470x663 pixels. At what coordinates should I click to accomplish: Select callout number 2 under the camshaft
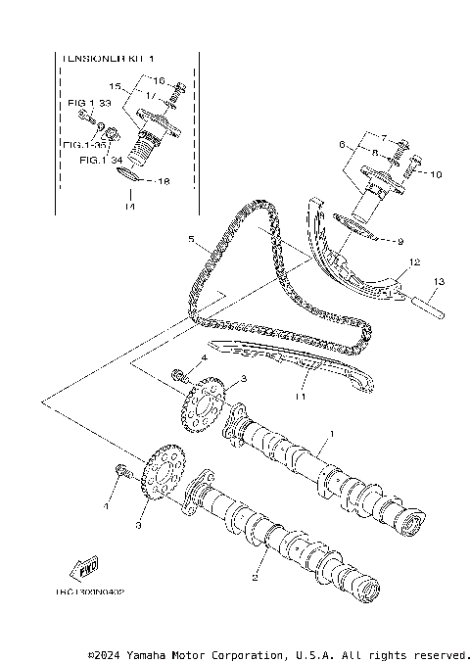pyautogui.click(x=254, y=577)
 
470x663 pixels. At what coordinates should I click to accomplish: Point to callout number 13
pyautogui.click(x=440, y=282)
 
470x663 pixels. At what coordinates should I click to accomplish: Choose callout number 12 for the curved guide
pyautogui.click(x=414, y=262)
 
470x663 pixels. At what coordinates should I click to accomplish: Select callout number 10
pyautogui.click(x=437, y=175)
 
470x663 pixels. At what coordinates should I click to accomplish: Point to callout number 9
pyautogui.click(x=399, y=240)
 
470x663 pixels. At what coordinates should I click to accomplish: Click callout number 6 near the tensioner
pyautogui.click(x=343, y=144)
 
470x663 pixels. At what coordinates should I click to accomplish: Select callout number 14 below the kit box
pyautogui.click(x=128, y=207)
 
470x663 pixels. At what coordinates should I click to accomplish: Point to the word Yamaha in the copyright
pyautogui.click(x=148, y=653)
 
